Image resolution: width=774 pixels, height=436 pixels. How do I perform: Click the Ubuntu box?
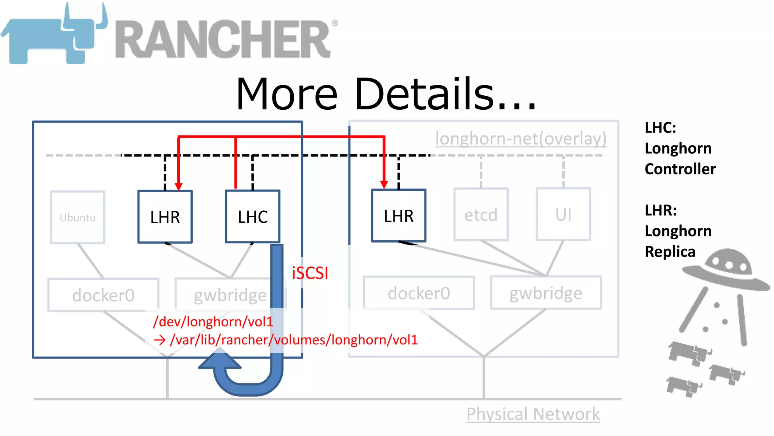77,217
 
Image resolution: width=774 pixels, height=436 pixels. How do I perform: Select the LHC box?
252,216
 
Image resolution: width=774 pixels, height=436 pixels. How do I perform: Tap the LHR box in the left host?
165,217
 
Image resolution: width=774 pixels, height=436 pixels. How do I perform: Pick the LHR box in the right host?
399,216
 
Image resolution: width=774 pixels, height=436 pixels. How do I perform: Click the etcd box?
481,215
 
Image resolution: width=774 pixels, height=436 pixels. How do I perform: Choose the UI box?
563,214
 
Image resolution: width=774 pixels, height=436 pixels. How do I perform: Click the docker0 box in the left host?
103,295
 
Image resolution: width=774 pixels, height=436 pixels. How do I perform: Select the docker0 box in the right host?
419,293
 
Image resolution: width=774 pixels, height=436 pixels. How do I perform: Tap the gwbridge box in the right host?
546,293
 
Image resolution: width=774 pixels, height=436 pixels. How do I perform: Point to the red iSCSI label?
310,273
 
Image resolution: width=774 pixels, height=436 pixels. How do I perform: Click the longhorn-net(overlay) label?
521,139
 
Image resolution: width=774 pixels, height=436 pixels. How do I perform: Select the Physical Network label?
533,414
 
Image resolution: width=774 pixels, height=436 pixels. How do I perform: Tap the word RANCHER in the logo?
223,39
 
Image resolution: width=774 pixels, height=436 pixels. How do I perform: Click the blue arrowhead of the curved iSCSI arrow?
220,360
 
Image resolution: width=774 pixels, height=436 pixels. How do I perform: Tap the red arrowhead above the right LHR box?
384,185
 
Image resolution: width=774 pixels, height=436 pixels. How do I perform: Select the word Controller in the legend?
680,169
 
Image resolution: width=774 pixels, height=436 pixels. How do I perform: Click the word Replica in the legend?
670,252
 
